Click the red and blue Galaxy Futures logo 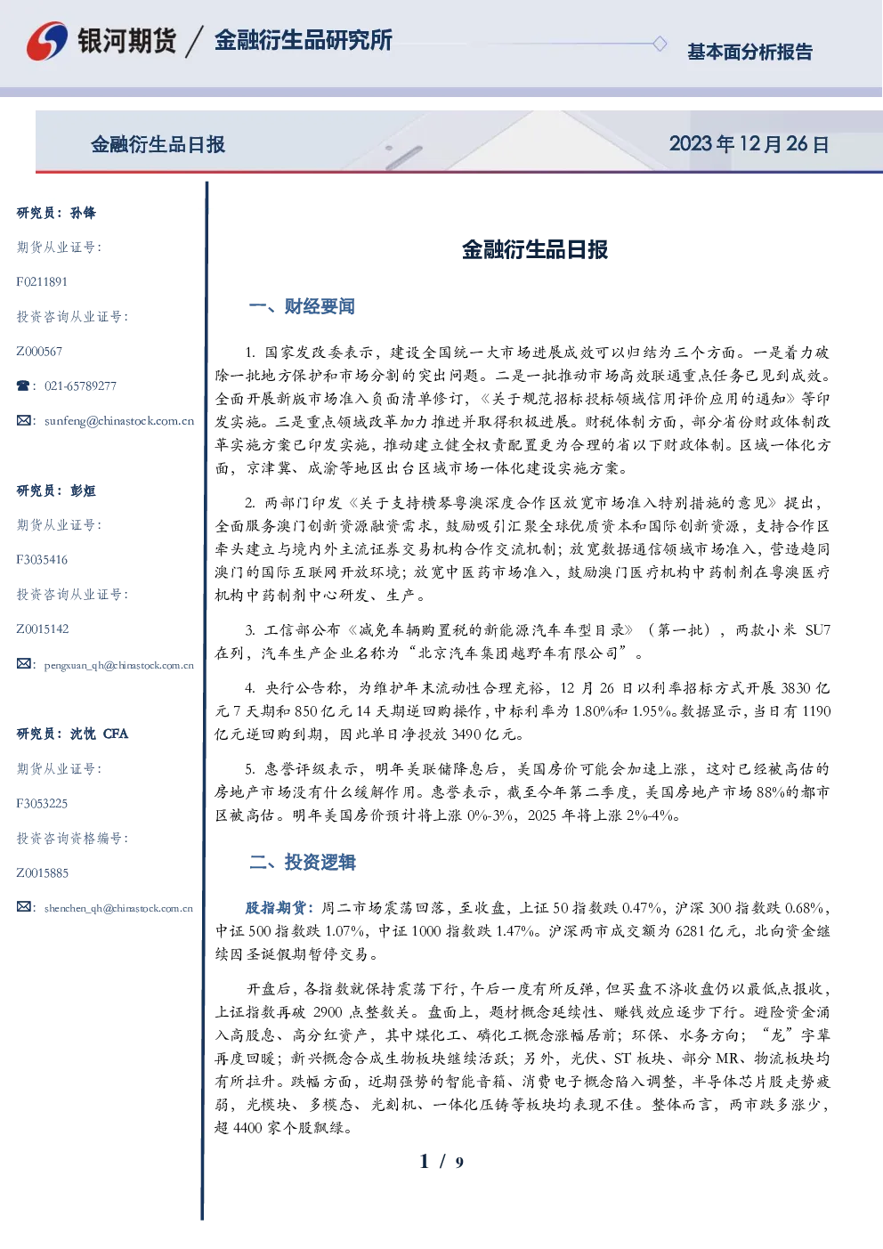click(47, 41)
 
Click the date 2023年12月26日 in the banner click(749, 144)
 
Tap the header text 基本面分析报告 click(749, 52)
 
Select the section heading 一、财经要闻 click(302, 306)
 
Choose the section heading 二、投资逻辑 click(302, 862)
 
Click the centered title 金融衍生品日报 click(535, 249)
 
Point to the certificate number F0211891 click(42, 281)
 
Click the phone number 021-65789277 click(80, 385)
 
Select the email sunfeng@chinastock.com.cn click(119, 421)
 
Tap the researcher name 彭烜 click(83, 491)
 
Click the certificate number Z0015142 click(43, 629)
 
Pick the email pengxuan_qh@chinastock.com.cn click(119, 665)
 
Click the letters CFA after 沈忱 click(116, 734)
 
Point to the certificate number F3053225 click(42, 804)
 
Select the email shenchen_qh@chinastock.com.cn click(118, 908)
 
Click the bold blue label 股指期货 click(275, 908)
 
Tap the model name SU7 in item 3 click(818, 630)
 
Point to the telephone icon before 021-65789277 click(23, 385)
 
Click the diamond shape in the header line click(660, 44)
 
